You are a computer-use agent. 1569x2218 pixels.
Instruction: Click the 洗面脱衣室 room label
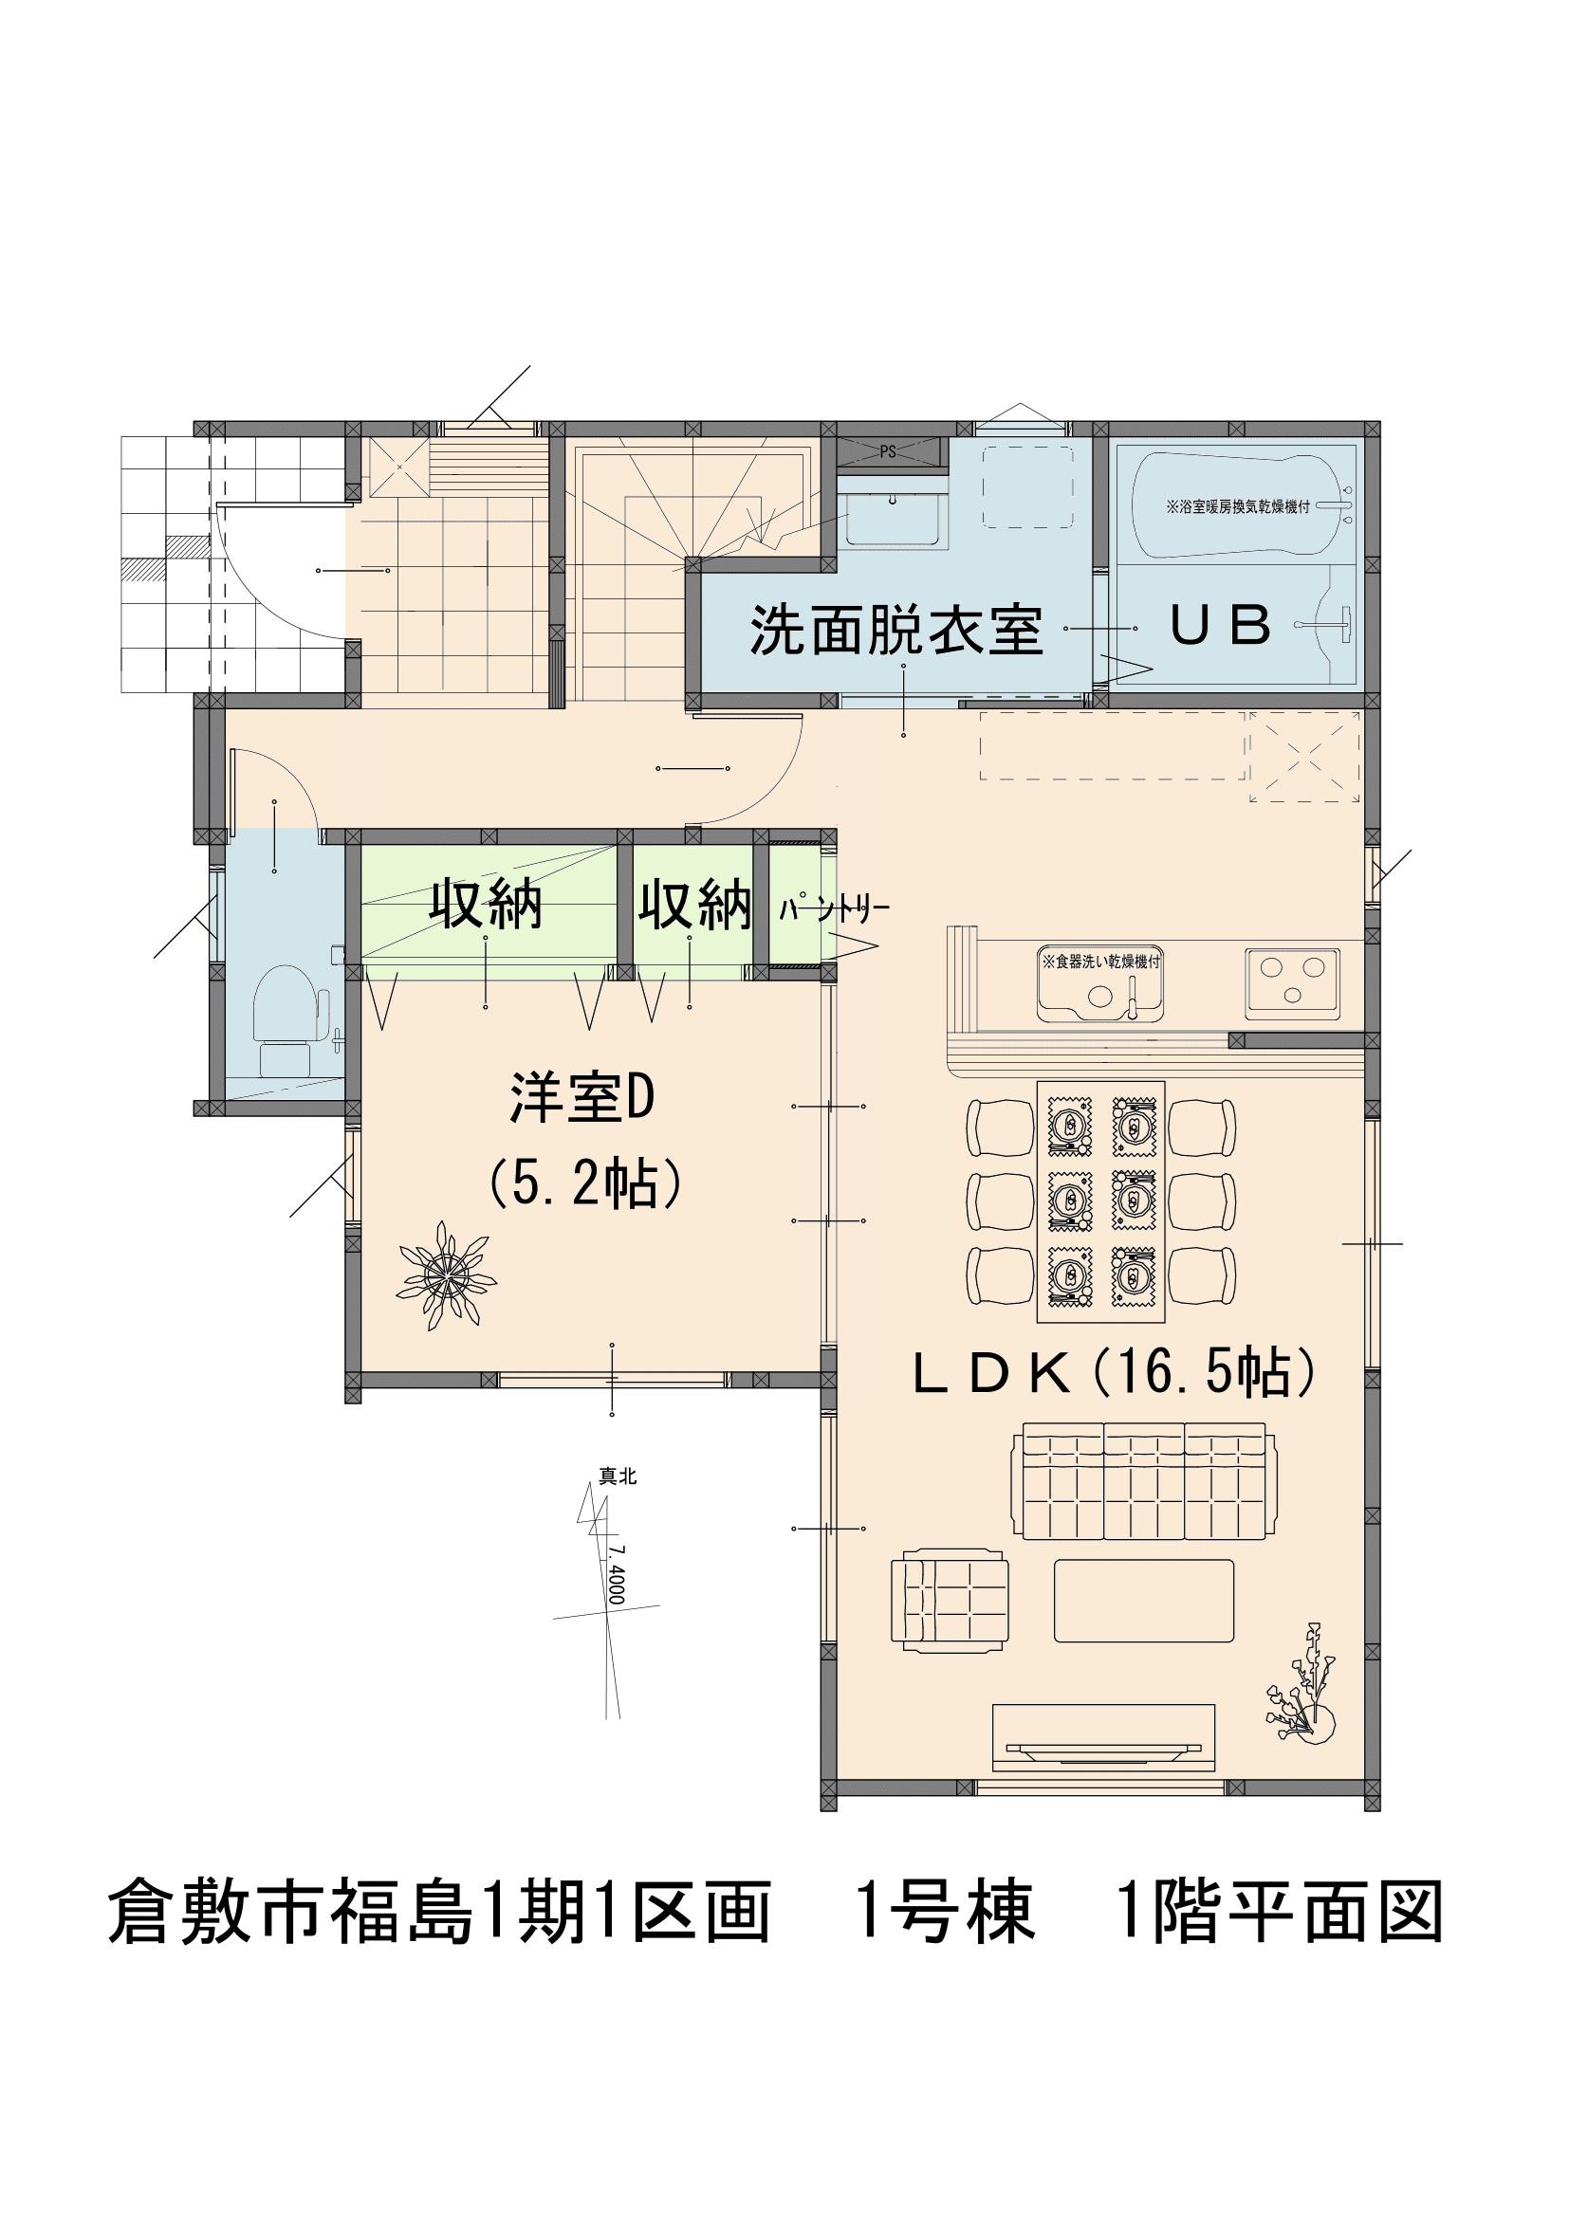click(896, 630)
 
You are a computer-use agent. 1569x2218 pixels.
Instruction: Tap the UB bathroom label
click(1220, 626)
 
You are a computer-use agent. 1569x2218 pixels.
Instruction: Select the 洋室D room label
click(582, 1100)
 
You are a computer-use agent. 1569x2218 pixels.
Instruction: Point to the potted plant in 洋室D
click(447, 1277)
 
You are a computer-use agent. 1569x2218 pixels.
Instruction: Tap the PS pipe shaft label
click(888, 451)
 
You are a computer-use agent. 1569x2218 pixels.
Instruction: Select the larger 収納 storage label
click(486, 906)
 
